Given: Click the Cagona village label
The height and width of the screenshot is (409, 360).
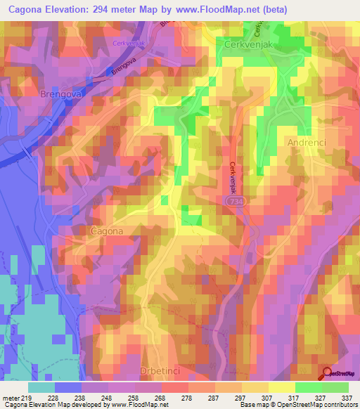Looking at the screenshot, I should point(108,231).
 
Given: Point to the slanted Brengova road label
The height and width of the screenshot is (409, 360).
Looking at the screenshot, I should point(122,69).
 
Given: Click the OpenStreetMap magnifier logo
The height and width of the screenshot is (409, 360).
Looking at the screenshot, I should point(327,375).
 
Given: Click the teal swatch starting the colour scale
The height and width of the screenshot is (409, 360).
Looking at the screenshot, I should point(41,387).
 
